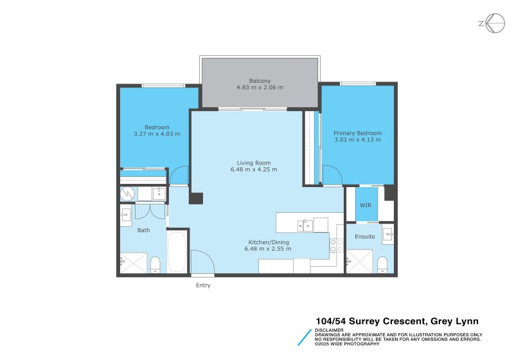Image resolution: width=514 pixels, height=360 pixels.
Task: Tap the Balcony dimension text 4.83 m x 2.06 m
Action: (x=260, y=87)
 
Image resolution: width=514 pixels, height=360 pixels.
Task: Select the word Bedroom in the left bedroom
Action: (x=157, y=127)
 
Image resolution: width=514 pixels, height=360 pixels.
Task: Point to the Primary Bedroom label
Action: (x=357, y=133)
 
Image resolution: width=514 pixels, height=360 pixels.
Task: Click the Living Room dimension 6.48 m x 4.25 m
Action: (x=254, y=170)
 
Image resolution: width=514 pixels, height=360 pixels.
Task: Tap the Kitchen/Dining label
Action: (x=269, y=242)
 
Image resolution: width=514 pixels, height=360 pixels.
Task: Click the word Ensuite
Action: (x=365, y=237)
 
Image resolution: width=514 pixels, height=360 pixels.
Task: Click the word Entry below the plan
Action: (x=203, y=285)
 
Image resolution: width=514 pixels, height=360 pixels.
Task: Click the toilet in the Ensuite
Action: (x=382, y=264)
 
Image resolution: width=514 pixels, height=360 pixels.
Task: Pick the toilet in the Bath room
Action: (x=155, y=264)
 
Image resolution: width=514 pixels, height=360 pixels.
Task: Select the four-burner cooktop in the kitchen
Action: (x=335, y=245)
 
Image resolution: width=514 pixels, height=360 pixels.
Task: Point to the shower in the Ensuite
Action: (x=359, y=261)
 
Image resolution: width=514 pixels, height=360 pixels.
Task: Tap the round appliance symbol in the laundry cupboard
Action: (x=126, y=193)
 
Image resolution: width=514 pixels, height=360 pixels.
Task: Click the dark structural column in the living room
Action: (x=196, y=199)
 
